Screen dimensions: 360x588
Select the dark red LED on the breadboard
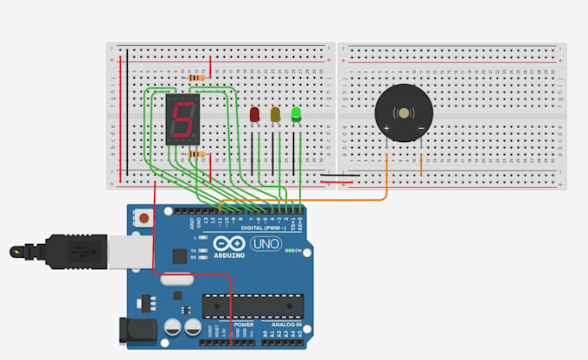(x=255, y=114)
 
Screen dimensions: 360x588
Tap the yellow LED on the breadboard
(x=276, y=114)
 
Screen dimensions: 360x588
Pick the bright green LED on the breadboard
(x=297, y=113)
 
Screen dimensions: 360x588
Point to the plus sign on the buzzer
(x=386, y=128)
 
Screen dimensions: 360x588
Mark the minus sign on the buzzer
(x=421, y=128)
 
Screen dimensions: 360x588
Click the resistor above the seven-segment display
(x=197, y=77)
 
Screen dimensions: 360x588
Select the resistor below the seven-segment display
(x=197, y=156)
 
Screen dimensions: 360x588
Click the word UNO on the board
(x=264, y=244)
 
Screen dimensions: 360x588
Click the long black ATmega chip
(x=253, y=306)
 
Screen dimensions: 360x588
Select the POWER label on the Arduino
(x=219, y=326)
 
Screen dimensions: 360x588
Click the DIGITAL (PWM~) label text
(x=251, y=227)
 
